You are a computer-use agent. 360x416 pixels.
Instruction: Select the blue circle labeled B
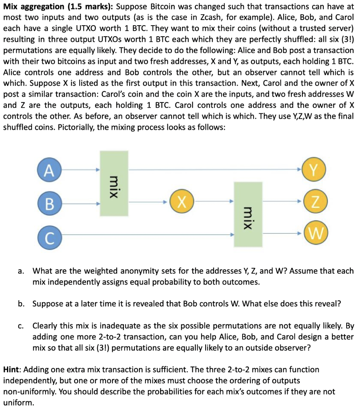point(50,202)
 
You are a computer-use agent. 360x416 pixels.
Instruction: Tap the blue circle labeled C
point(50,235)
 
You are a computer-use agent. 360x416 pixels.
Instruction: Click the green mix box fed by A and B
point(114,184)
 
